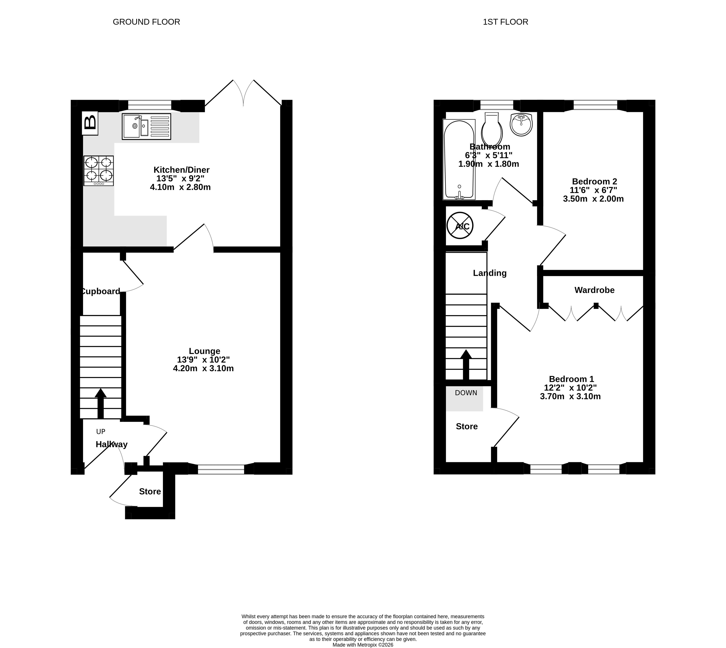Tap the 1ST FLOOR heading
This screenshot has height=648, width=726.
506,22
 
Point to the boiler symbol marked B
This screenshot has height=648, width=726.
90,123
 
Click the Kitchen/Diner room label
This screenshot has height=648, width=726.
181,170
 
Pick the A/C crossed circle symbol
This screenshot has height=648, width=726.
460,226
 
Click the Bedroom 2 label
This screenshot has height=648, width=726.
594,182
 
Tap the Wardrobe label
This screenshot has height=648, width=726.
594,290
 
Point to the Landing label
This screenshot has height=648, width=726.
490,273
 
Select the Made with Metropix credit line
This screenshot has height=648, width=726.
363,645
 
